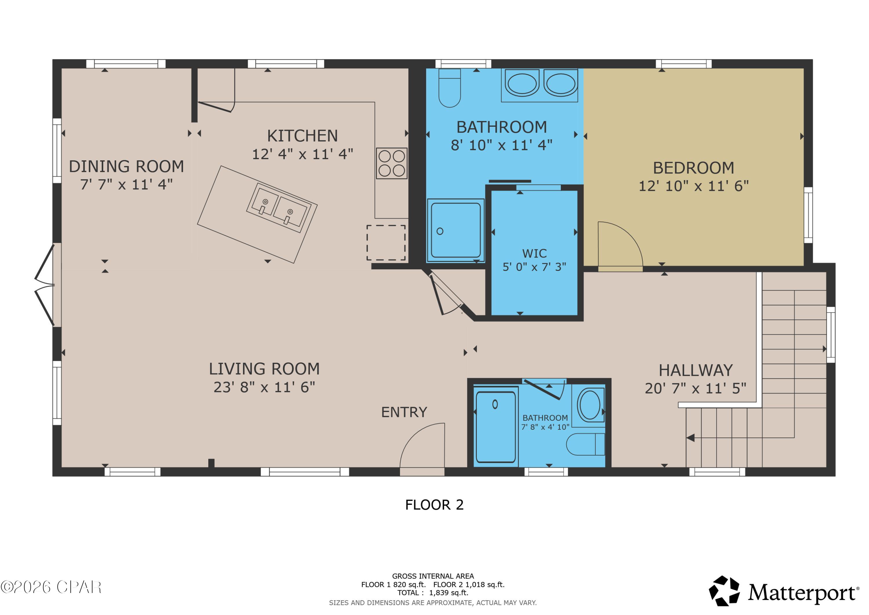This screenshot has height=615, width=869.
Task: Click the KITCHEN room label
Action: (x=302, y=136)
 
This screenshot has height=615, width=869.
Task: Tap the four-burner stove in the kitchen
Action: (x=391, y=163)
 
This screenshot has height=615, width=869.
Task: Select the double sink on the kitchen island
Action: (x=279, y=208)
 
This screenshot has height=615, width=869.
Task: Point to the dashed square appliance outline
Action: (x=386, y=242)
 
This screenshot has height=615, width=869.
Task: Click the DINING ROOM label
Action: (x=126, y=166)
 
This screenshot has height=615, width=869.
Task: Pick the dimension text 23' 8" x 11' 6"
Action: (x=264, y=387)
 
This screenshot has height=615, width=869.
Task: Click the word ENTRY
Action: (x=404, y=412)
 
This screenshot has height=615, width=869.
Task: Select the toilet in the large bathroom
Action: (x=449, y=88)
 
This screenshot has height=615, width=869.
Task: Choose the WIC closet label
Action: (x=534, y=253)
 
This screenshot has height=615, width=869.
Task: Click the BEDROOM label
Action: (x=693, y=168)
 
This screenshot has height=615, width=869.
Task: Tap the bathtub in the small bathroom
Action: (x=495, y=427)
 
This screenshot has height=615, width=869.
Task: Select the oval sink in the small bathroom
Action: (x=589, y=405)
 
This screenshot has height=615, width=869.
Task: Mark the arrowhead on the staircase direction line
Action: (x=690, y=438)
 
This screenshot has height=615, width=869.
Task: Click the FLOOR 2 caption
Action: (x=434, y=505)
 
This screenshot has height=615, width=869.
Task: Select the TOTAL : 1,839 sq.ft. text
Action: (x=432, y=593)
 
